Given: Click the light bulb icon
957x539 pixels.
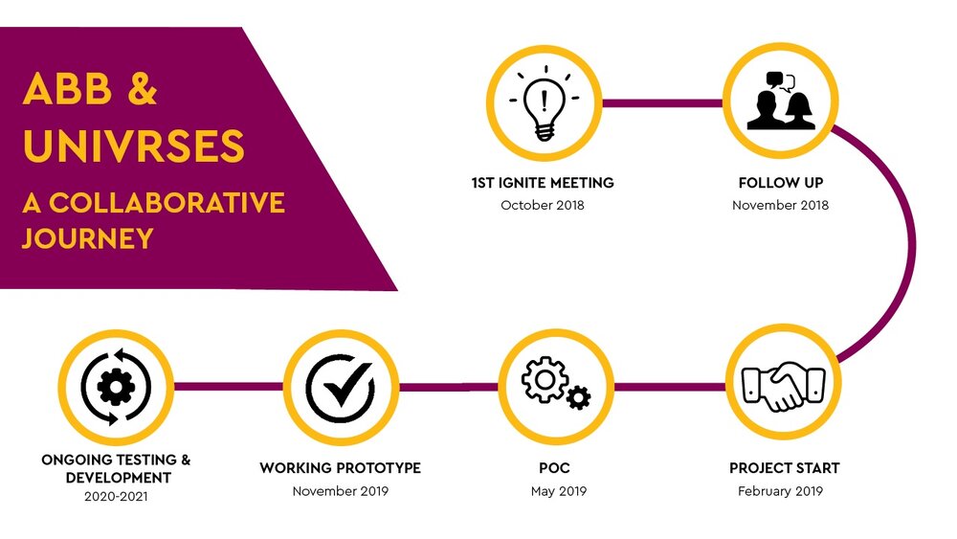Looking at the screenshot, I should pyautogui.click(x=543, y=102).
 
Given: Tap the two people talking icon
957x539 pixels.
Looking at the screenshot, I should pyautogui.click(x=780, y=102).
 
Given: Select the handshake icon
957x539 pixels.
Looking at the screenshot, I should pyautogui.click(x=783, y=386).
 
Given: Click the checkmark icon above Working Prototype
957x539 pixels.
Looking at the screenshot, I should pyautogui.click(x=340, y=388).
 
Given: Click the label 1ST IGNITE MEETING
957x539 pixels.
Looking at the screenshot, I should pyautogui.click(x=543, y=182).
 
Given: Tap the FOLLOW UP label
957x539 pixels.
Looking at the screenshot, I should pyautogui.click(x=780, y=182).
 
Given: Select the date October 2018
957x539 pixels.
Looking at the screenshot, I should pyautogui.click(x=543, y=205).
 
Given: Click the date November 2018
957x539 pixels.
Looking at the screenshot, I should pyautogui.click(x=780, y=205).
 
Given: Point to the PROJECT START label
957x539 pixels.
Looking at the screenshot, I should pyautogui.click(x=784, y=468).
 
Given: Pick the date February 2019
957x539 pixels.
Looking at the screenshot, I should pyautogui.click(x=780, y=491).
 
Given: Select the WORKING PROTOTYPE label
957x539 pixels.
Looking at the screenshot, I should pyautogui.click(x=340, y=468).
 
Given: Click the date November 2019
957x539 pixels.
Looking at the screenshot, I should pyautogui.click(x=340, y=491).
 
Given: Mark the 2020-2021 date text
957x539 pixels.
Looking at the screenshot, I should pyautogui.click(x=115, y=497).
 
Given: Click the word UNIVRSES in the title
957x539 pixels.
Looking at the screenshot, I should pyautogui.click(x=134, y=146).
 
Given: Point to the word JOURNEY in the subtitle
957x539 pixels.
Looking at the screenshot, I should pyautogui.click(x=87, y=236).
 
